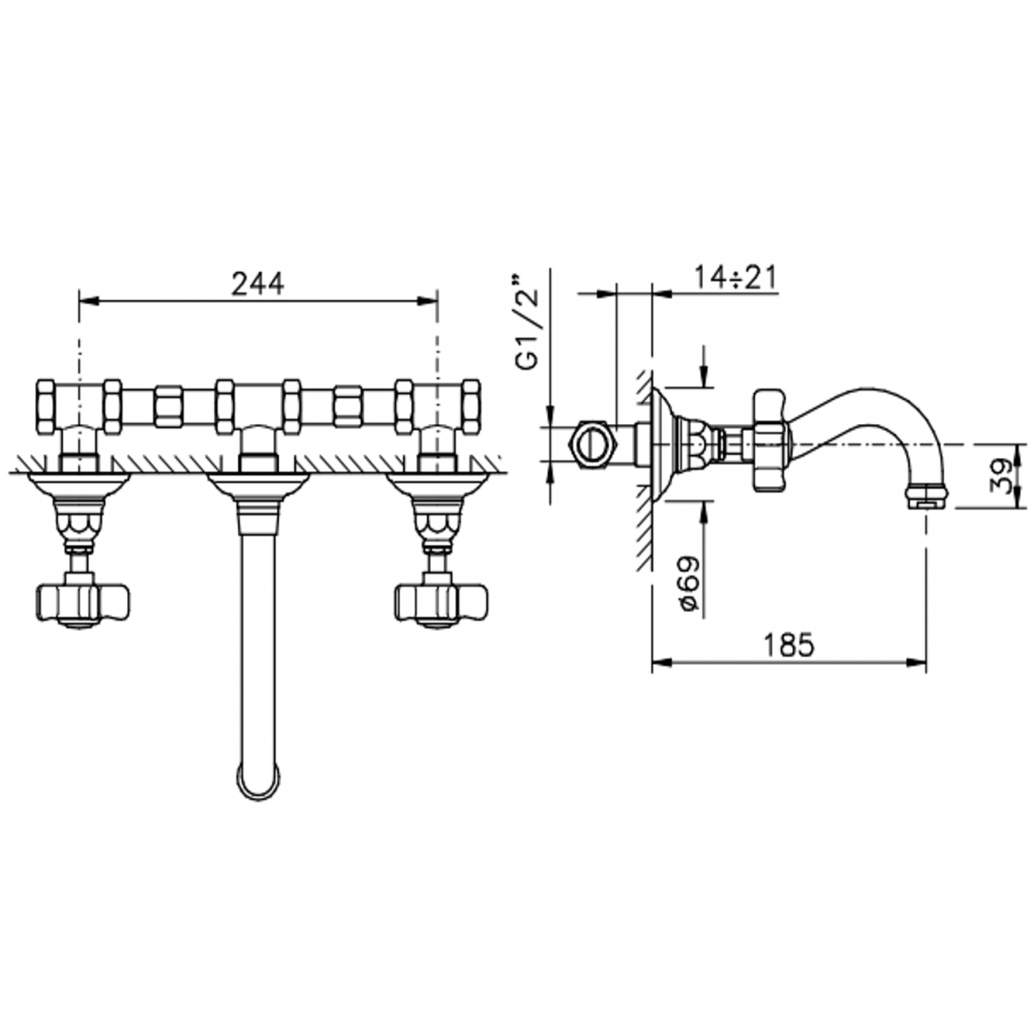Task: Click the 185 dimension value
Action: (x=788, y=645)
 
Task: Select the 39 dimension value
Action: (x=1005, y=475)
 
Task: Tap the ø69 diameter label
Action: (x=689, y=583)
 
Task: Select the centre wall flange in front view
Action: (x=257, y=483)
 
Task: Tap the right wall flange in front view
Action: (x=436, y=483)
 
